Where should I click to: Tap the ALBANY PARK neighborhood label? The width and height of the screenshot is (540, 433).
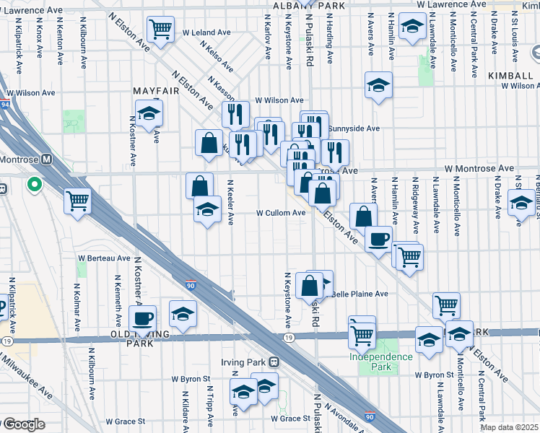point(301,6)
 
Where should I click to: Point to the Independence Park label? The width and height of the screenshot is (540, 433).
point(381,357)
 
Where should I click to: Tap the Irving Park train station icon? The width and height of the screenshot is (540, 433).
point(274,361)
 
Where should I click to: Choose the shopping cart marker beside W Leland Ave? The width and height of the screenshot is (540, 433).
point(160,30)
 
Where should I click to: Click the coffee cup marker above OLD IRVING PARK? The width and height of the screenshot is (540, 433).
point(143,318)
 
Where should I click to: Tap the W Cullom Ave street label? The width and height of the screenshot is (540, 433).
point(281,213)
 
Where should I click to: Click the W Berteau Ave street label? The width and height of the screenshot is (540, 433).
point(104,258)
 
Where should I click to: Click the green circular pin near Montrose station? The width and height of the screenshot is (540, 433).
point(34,185)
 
